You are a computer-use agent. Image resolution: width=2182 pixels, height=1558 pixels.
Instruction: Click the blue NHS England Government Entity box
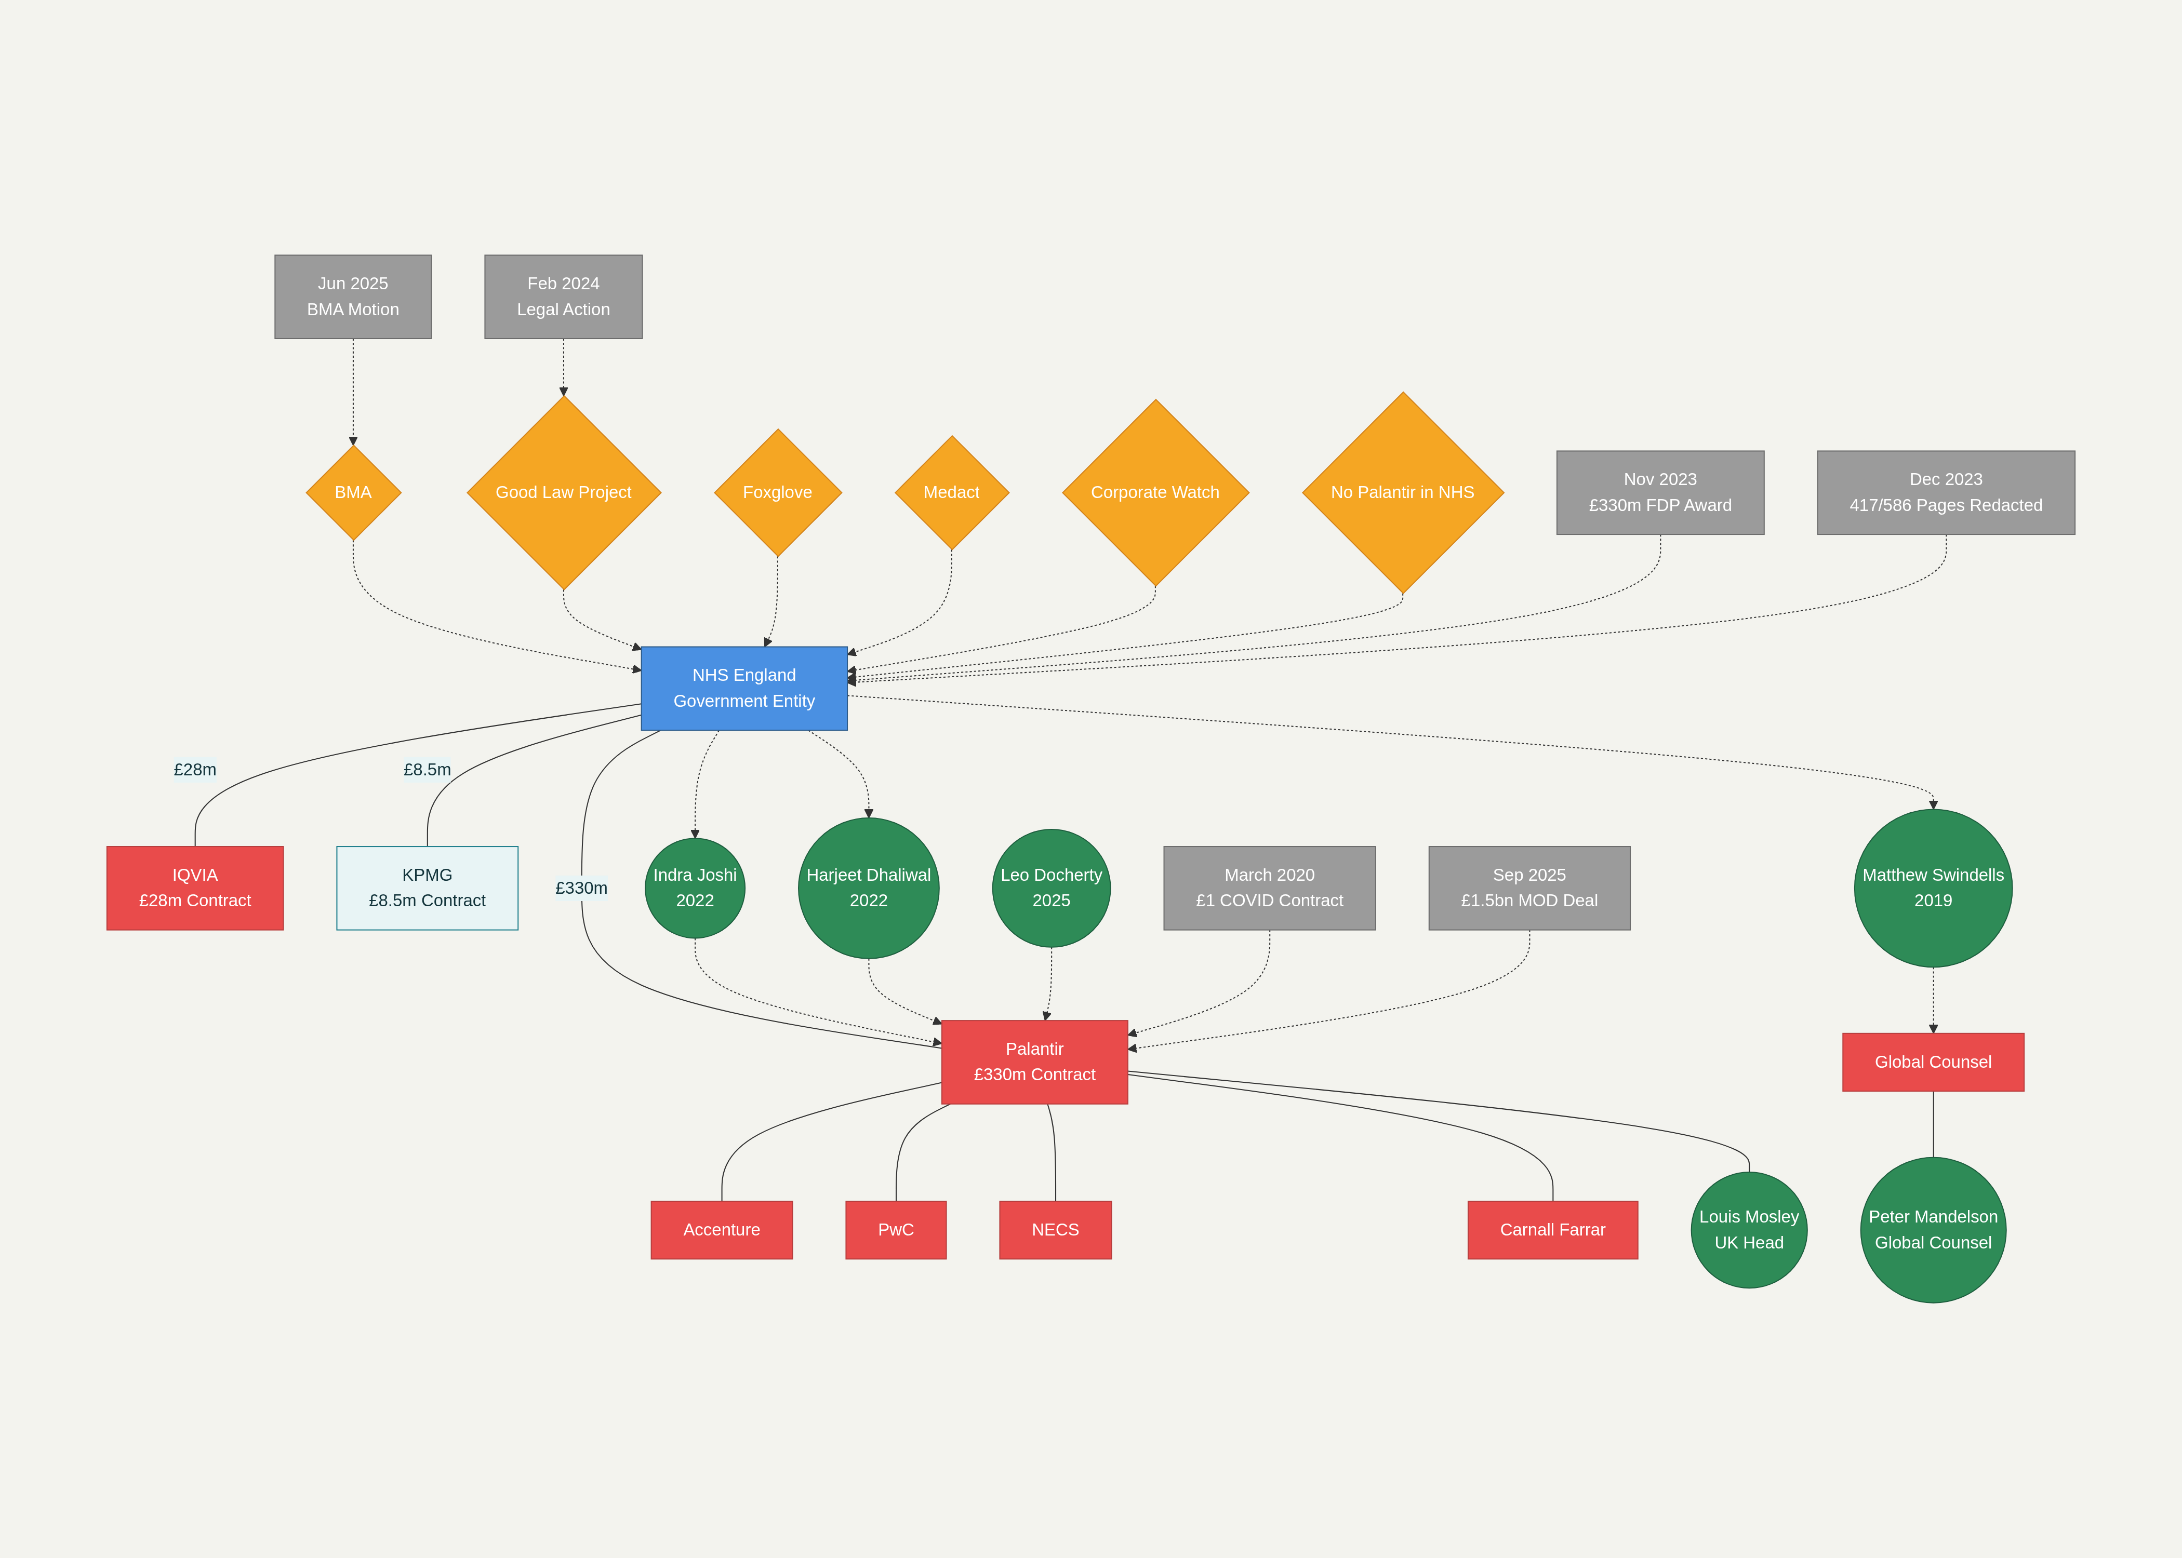pos(743,688)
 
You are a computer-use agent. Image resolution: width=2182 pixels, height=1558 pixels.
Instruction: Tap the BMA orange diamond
pos(353,492)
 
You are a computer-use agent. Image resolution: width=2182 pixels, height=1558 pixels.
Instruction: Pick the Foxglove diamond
pos(777,492)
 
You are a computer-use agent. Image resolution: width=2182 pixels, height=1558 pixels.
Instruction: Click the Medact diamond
pos(951,492)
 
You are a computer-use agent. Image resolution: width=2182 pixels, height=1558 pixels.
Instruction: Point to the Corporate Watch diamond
pos(1155,492)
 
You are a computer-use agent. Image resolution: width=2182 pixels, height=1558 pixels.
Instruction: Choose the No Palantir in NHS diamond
pos(1402,492)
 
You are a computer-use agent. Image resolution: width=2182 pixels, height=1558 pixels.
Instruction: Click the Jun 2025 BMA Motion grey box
pos(353,297)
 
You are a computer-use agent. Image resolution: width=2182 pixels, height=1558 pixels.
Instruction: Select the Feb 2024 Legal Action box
pos(563,297)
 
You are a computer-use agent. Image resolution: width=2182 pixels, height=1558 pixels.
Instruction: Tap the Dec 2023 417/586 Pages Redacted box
pos(1945,492)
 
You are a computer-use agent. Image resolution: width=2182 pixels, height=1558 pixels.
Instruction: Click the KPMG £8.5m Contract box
pos(427,888)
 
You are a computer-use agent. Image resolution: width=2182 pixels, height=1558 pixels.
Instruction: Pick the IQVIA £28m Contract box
pos(195,888)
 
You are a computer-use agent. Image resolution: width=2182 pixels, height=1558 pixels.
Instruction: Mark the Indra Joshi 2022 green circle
pos(695,888)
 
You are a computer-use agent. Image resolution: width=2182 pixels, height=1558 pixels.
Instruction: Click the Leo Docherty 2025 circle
pos(1050,888)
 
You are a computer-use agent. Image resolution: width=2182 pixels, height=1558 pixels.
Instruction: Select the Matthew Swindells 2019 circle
pos(1933,888)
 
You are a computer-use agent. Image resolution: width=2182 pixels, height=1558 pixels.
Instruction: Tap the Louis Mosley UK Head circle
pos(1748,1229)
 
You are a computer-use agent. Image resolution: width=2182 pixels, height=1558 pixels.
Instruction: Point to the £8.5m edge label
pos(427,770)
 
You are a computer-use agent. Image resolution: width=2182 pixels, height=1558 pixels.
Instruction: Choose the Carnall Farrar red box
pos(1552,1229)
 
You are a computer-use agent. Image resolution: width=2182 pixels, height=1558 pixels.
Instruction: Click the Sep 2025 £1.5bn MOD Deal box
pos(1528,888)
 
